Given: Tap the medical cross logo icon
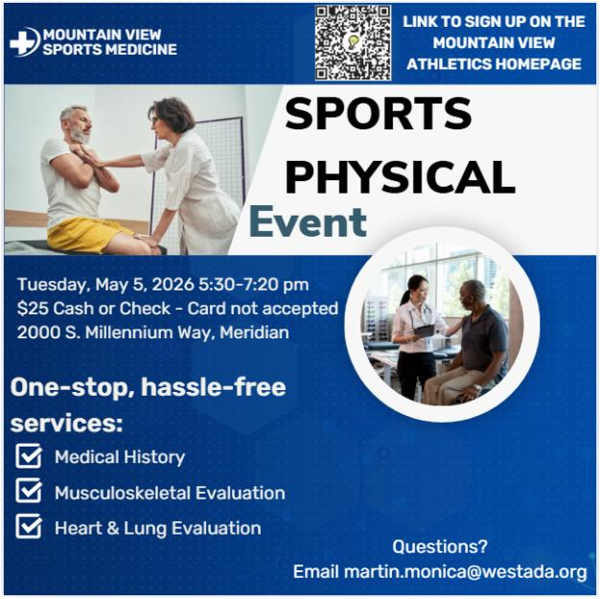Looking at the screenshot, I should point(24,41).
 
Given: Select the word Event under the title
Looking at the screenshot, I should point(308,222).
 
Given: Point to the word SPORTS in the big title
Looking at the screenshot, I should point(379,116).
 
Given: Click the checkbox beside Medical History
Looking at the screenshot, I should point(30,456).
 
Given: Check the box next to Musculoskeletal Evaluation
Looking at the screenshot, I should point(30,492).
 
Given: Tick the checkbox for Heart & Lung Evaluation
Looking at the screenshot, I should point(30,526).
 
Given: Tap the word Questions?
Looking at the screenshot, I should point(440,547).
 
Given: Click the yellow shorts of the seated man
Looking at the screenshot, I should point(90,232).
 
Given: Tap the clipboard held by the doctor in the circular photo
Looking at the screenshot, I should point(424,331).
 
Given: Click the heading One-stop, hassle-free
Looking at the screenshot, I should point(148,387).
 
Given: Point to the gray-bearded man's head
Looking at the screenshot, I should point(76,124).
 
